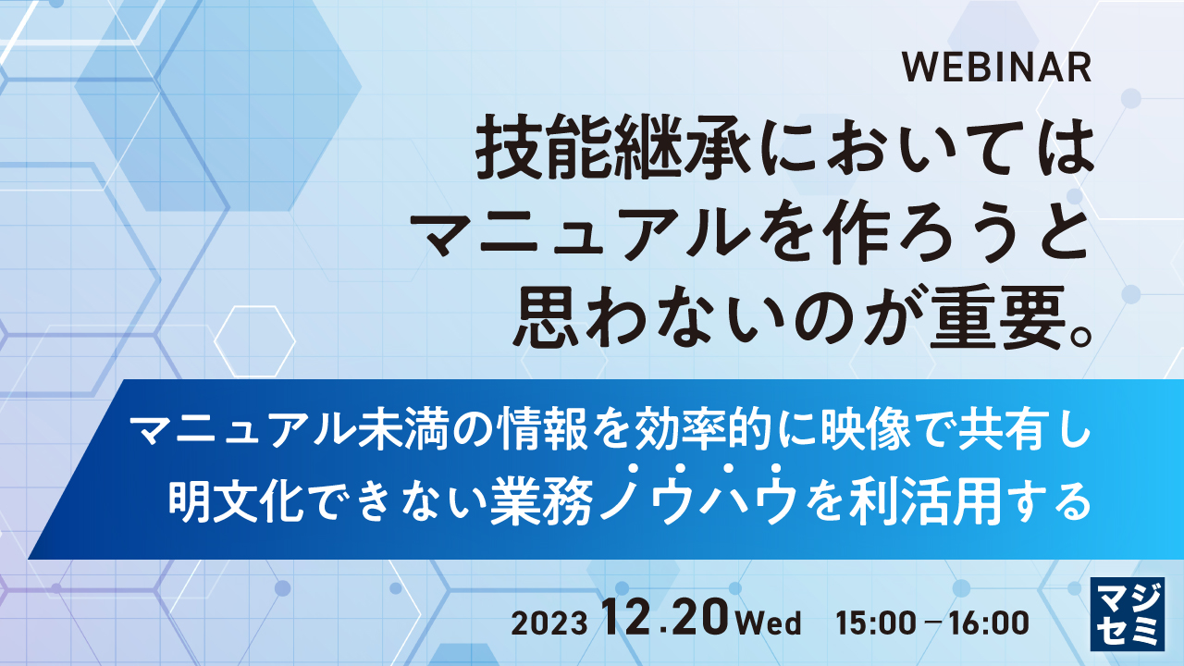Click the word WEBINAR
coord(996,68)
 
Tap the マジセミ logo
coord(1127,613)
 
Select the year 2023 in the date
coord(549,623)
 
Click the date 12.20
coord(666,617)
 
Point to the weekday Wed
coord(769,623)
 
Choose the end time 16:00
coord(989,623)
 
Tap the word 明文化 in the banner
coord(236,499)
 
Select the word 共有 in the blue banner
coord(1003,432)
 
